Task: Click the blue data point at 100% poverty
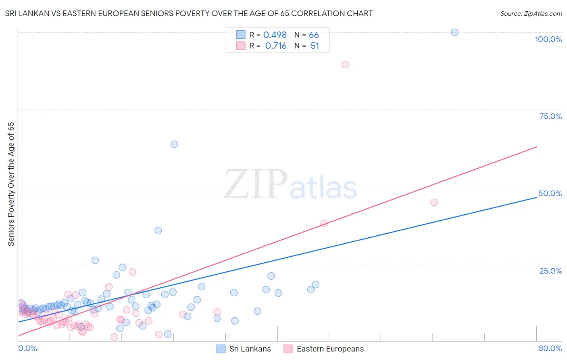tap(454, 32)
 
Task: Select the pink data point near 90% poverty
tap(345, 65)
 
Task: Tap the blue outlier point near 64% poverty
tap(174, 144)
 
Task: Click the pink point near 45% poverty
tap(434, 202)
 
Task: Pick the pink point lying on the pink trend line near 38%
tap(324, 223)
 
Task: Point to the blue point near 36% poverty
tap(158, 230)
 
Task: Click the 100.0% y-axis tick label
tap(548, 39)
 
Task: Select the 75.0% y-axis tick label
tap(550, 116)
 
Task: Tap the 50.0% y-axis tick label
tap(550, 193)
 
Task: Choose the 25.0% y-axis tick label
tap(550, 271)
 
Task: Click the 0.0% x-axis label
tap(27, 349)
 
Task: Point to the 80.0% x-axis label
tap(550, 349)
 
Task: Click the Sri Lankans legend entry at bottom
tap(250, 349)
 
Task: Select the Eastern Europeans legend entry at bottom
tap(330, 349)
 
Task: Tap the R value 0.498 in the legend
tap(275, 35)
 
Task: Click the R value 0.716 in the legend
tap(276, 46)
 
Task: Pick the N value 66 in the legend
tap(314, 35)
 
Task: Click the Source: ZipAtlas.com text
tap(531, 14)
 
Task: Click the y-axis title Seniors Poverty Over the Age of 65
tap(11, 184)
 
